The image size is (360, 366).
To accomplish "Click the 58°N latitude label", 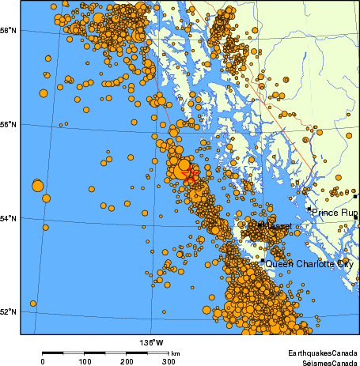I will [x=9, y=31].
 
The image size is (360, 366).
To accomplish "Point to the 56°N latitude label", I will [x=9, y=124].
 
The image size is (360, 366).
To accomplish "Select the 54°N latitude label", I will [x=9, y=218].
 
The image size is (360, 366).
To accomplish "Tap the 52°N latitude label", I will [x=9, y=311].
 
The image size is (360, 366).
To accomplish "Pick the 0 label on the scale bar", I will [x=42, y=361].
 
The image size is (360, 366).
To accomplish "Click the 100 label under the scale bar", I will [x=85, y=361].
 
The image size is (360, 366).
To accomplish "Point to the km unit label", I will [x=176, y=353].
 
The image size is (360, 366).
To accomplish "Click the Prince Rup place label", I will [x=335, y=213].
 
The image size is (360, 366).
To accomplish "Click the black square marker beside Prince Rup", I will [x=309, y=209].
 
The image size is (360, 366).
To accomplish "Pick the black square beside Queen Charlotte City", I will [x=263, y=262].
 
